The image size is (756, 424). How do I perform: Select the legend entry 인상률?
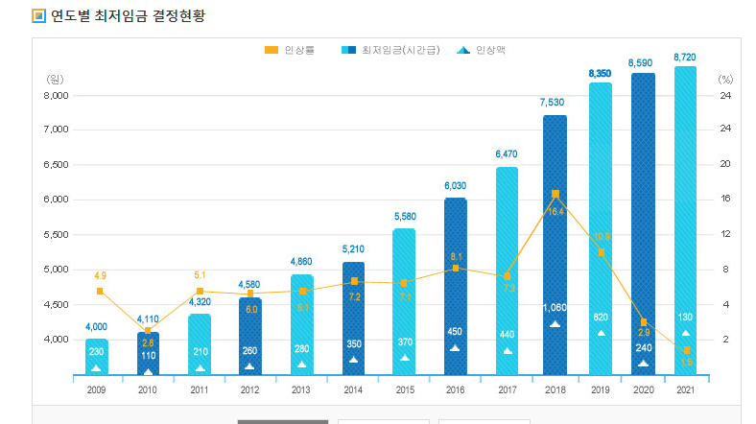293,49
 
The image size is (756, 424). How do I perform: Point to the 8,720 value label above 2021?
685,58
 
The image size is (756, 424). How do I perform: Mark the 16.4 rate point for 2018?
555,194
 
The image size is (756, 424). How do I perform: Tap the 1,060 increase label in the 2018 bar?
555,308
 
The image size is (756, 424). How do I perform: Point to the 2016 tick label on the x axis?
456,389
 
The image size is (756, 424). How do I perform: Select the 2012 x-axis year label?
250,389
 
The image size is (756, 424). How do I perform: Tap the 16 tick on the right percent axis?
725,200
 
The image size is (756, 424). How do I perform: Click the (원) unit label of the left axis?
55,79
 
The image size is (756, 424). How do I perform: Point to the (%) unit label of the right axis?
725,79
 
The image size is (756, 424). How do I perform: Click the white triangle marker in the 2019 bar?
601,333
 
